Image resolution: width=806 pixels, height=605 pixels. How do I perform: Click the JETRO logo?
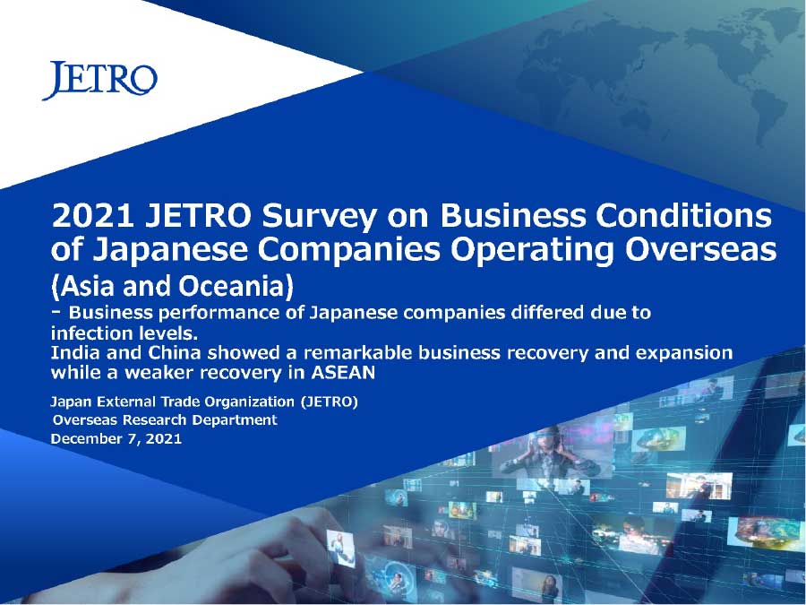tap(99, 81)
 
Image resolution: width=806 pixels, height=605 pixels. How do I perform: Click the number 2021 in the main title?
tap(92, 215)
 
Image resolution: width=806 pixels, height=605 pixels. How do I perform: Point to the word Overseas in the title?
tap(700, 249)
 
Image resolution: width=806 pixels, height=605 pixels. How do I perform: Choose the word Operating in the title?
tap(532, 251)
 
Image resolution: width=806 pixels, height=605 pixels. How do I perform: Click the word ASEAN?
tap(344, 373)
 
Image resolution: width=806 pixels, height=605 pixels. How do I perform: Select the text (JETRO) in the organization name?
tap(329, 402)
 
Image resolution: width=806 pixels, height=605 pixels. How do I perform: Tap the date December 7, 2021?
tap(116, 439)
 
